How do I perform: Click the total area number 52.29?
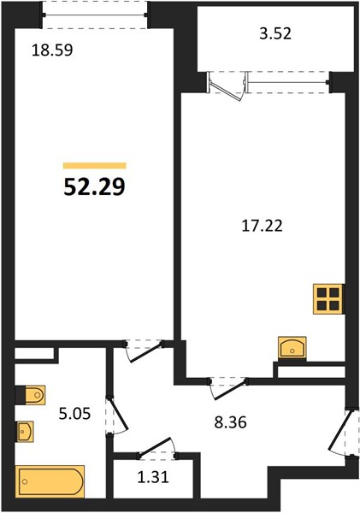[94, 186]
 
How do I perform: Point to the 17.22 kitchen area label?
[262, 227]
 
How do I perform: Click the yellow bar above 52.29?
[94, 166]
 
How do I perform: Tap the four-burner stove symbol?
[328, 299]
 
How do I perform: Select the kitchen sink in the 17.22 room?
[292, 347]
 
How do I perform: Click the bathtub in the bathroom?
[50, 482]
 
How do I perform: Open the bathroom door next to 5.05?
[115, 417]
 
